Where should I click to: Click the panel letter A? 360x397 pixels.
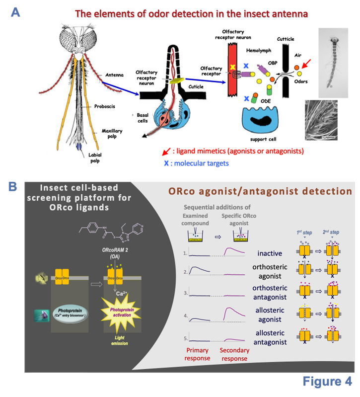15,12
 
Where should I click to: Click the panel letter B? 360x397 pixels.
13,187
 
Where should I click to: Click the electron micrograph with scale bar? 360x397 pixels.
321,120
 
